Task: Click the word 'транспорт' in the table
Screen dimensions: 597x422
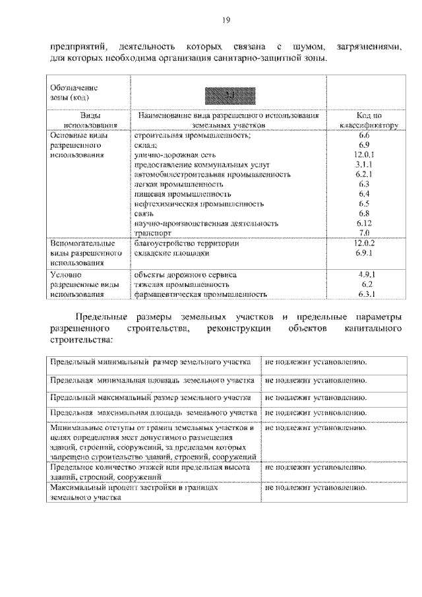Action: (x=153, y=233)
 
